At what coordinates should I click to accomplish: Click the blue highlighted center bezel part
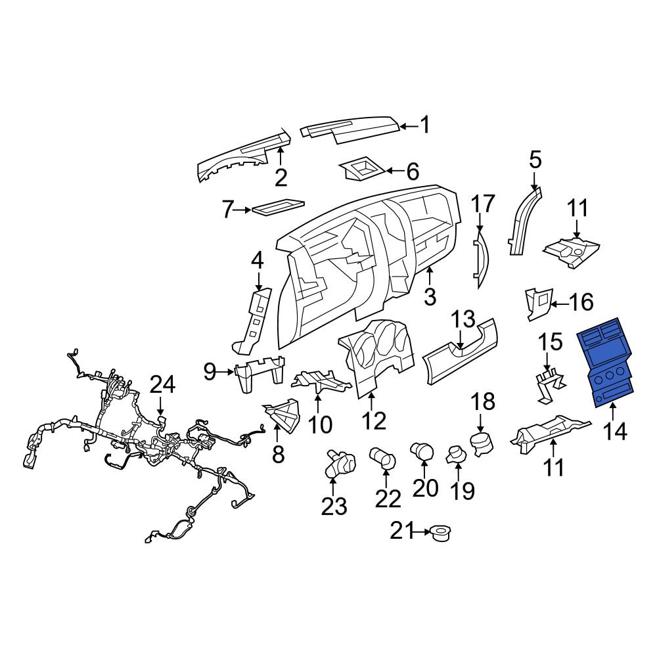pyautogui.click(x=606, y=363)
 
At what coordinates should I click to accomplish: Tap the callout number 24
pyautogui.click(x=162, y=384)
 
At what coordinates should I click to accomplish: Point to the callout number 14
pyautogui.click(x=615, y=431)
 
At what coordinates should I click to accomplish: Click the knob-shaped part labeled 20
pyautogui.click(x=422, y=452)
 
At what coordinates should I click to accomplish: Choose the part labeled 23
pyautogui.click(x=340, y=463)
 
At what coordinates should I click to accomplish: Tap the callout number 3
pyautogui.click(x=430, y=296)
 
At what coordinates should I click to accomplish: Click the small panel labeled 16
pyautogui.click(x=539, y=304)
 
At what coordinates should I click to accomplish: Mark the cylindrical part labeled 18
pyautogui.click(x=483, y=445)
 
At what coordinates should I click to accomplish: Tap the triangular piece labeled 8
pyautogui.click(x=283, y=415)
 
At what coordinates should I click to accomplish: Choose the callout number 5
pyautogui.click(x=535, y=160)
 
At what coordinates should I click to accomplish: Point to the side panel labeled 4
pyautogui.click(x=254, y=319)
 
